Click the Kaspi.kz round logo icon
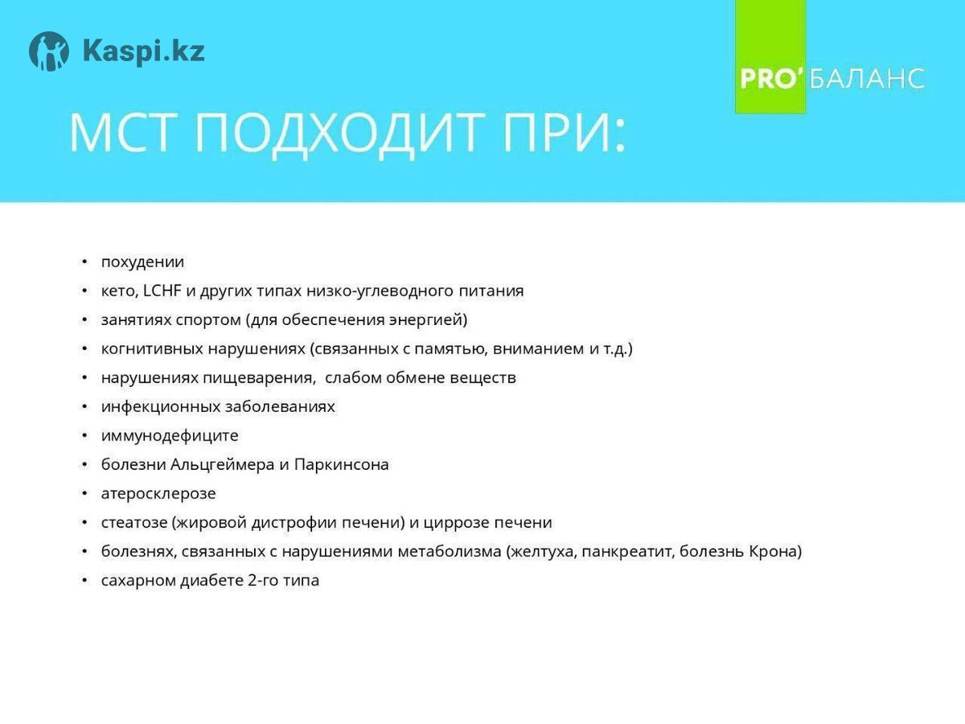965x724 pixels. click(x=49, y=51)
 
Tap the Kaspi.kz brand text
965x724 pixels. click(x=144, y=51)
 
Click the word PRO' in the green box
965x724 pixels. click(x=771, y=79)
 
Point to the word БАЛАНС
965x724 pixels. click(x=867, y=79)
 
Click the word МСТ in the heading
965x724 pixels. click(x=121, y=133)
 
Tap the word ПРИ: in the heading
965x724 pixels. click(x=564, y=133)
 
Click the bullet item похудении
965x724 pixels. click(x=142, y=262)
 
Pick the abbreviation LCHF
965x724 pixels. click(x=162, y=290)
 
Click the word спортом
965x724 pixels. click(x=208, y=320)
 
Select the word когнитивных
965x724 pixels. click(x=152, y=348)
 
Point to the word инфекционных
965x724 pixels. click(x=161, y=406)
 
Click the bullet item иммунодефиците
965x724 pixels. click(x=170, y=436)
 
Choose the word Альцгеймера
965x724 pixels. click(x=222, y=465)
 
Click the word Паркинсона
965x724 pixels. click(x=342, y=465)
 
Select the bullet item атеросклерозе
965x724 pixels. click(x=158, y=494)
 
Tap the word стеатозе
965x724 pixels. click(x=134, y=523)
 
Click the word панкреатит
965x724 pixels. click(x=628, y=552)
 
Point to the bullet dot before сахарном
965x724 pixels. click(x=85, y=581)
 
